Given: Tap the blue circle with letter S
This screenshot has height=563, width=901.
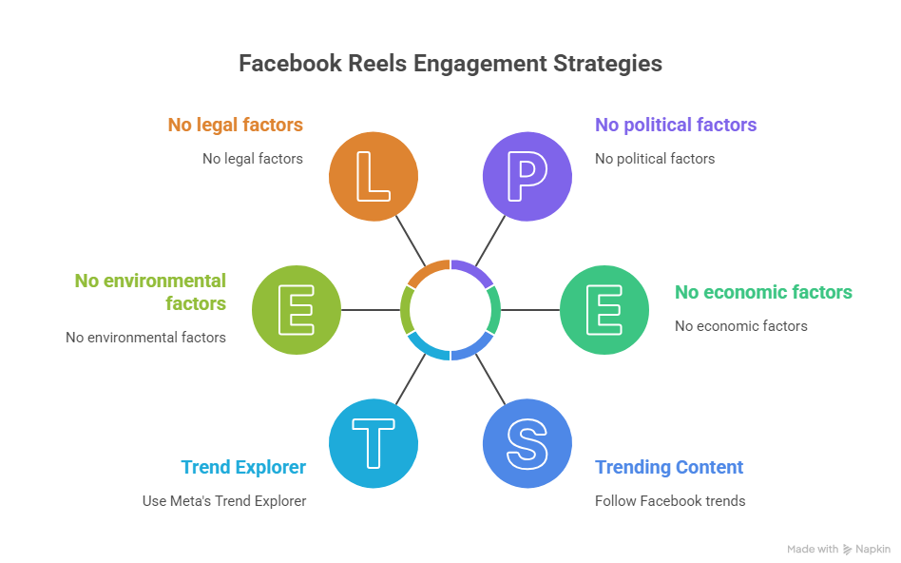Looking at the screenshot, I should pos(527,442).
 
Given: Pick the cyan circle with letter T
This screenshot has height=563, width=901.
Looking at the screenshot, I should pos(373,442).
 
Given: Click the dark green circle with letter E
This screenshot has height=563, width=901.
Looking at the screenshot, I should pos(604,310).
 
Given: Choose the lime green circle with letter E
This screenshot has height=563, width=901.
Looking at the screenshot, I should pos(297,310).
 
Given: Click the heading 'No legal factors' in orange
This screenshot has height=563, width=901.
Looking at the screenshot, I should pos(235,125).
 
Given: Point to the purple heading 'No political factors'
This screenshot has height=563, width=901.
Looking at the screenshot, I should pos(676,125).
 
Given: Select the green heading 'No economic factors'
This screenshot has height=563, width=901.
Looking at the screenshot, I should pos(763,292).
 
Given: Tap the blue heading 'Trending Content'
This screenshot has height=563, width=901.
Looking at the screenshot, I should pos(669,467).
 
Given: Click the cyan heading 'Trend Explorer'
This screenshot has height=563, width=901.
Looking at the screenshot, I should pos(243,467).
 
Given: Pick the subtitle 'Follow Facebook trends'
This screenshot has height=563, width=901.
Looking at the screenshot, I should pos(670,500).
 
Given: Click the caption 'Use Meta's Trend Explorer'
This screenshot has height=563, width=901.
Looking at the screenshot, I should pos(224,500).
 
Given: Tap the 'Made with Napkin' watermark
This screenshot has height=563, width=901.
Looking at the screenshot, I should pos(838,549).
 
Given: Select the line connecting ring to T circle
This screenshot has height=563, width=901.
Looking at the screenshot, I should pos(409,380).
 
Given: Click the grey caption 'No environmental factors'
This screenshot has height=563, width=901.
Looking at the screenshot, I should pos(145,337).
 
